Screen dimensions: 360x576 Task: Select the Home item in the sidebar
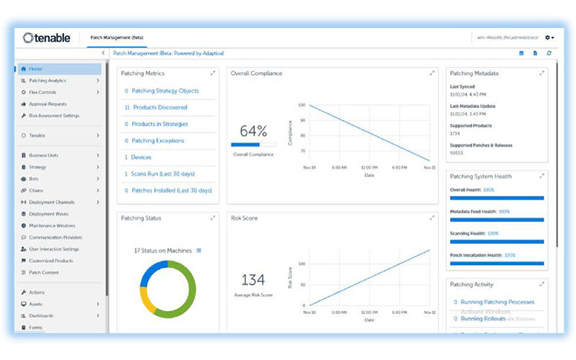click(x=36, y=69)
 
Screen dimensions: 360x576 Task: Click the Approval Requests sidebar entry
click(x=49, y=104)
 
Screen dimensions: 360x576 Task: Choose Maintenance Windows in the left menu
click(x=52, y=225)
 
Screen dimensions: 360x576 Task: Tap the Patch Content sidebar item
click(x=44, y=272)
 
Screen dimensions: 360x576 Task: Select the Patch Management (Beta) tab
click(x=115, y=37)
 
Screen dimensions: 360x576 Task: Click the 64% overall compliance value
click(x=253, y=132)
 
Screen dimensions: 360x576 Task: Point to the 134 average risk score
click(x=253, y=280)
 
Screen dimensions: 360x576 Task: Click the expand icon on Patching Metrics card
click(x=213, y=73)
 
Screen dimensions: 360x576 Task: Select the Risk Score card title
click(x=244, y=218)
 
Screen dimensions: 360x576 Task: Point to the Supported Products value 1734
click(x=456, y=134)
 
